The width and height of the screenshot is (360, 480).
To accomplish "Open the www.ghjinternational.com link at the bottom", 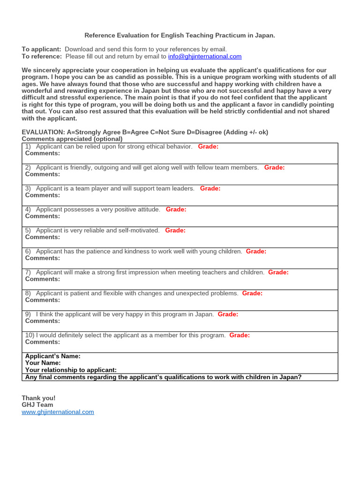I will pyautogui.click(x=58, y=412).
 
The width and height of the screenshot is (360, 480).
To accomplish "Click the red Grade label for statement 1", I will pyautogui.click(x=208, y=147).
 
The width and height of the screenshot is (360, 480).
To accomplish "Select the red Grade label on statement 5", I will pyautogui.click(x=175, y=231).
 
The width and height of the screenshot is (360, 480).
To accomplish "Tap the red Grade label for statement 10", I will pyautogui.click(x=240, y=336).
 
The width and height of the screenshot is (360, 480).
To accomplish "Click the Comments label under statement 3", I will pyautogui.click(x=43, y=195).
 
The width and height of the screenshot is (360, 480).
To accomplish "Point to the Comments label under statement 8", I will pyautogui.click(x=43, y=300).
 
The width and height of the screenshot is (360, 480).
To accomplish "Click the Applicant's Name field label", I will pyautogui.click(x=52, y=356).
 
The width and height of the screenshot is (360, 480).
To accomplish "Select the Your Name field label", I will pyautogui.click(x=43, y=363).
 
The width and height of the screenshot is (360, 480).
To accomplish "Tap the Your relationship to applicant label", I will pyautogui.click(x=71, y=370).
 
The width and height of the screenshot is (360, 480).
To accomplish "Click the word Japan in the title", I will pyautogui.click(x=264, y=36).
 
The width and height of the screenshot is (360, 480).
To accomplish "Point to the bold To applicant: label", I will pyautogui.click(x=42, y=49).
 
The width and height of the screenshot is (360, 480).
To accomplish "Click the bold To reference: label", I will pyautogui.click(x=42, y=56).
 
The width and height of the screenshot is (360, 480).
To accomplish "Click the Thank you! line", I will pyautogui.click(x=38, y=398).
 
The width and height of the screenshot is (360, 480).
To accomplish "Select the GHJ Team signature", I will pyautogui.click(x=37, y=405).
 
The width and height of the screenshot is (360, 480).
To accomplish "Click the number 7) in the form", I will pyautogui.click(x=28, y=272).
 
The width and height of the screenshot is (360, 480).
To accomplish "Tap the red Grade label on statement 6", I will pyautogui.click(x=256, y=252).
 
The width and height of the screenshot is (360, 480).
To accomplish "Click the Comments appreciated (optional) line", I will pyautogui.click(x=72, y=139).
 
